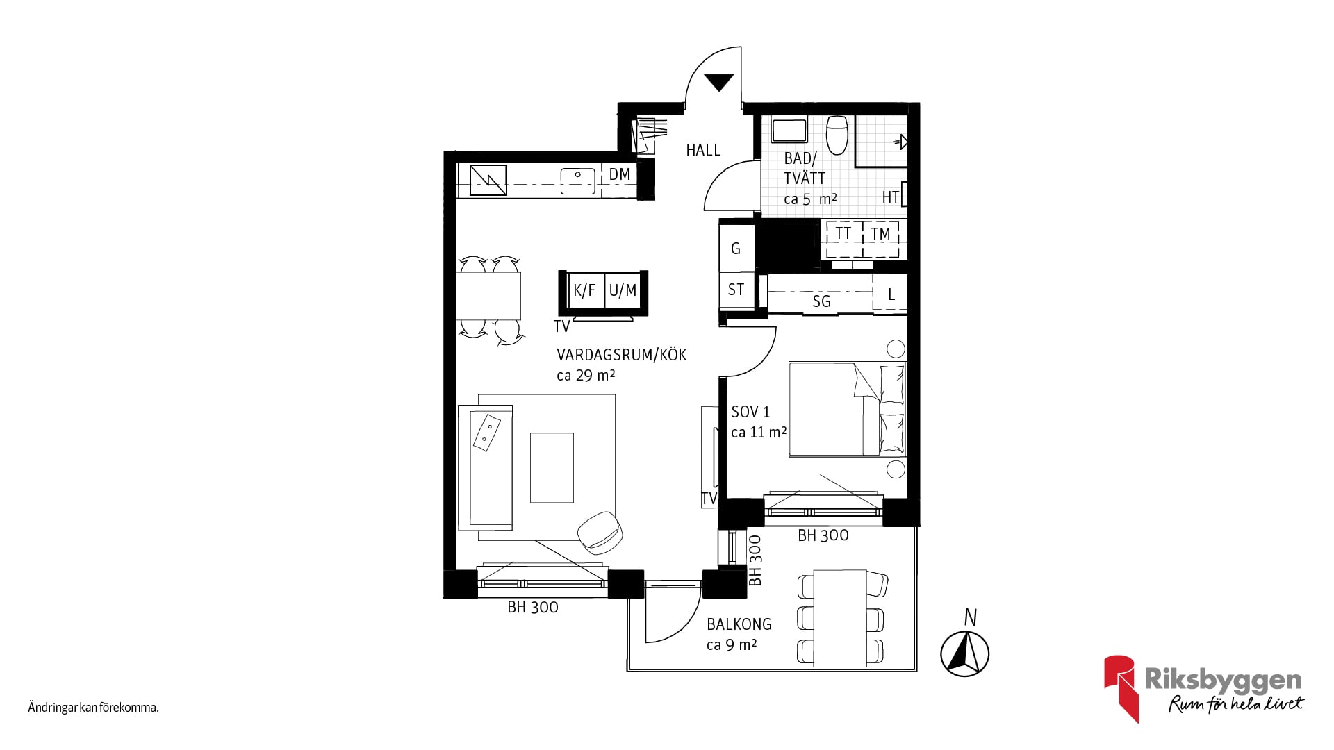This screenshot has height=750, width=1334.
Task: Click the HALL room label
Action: (703, 150)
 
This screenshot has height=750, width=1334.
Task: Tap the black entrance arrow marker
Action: (719, 82)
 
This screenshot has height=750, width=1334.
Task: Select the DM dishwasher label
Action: (620, 174)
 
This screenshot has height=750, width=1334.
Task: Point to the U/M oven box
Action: (623, 290)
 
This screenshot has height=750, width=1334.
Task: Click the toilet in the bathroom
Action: (837, 135)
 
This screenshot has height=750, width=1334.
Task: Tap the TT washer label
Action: (843, 233)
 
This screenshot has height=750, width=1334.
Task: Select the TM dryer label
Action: (880, 233)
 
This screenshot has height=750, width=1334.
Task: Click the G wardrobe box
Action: (736, 248)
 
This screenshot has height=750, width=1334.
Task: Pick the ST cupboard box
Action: (736, 290)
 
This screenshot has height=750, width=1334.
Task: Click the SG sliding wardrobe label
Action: (821, 301)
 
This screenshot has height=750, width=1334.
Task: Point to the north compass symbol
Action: (965, 653)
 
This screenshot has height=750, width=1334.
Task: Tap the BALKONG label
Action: (739, 624)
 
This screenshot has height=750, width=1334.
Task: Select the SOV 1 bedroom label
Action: (750, 412)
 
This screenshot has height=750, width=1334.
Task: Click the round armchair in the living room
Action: (600, 533)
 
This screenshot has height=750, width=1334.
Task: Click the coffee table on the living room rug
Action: (552, 467)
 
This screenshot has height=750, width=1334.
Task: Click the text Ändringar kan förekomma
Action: (94, 708)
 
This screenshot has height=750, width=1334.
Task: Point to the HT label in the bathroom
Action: (890, 197)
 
